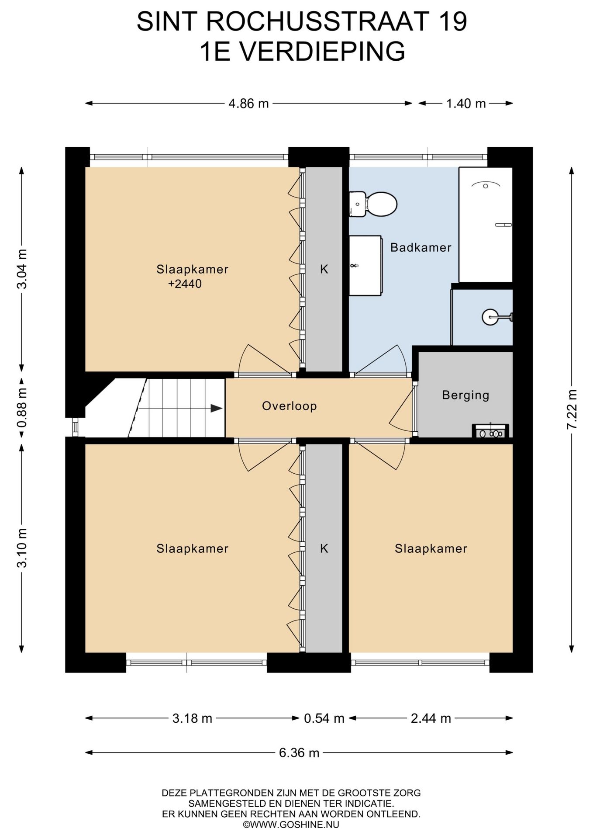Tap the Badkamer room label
(421, 247)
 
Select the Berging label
(465, 395)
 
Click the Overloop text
(290, 406)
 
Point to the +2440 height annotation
(185, 284)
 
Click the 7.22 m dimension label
(572, 409)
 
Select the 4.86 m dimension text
(248, 104)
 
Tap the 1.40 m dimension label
(466, 104)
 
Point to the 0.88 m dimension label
(22, 407)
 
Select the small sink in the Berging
(491, 431)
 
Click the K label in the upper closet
(324, 269)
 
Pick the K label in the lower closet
(324, 548)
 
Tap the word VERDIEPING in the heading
(323, 51)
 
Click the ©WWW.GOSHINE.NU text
(291, 825)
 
